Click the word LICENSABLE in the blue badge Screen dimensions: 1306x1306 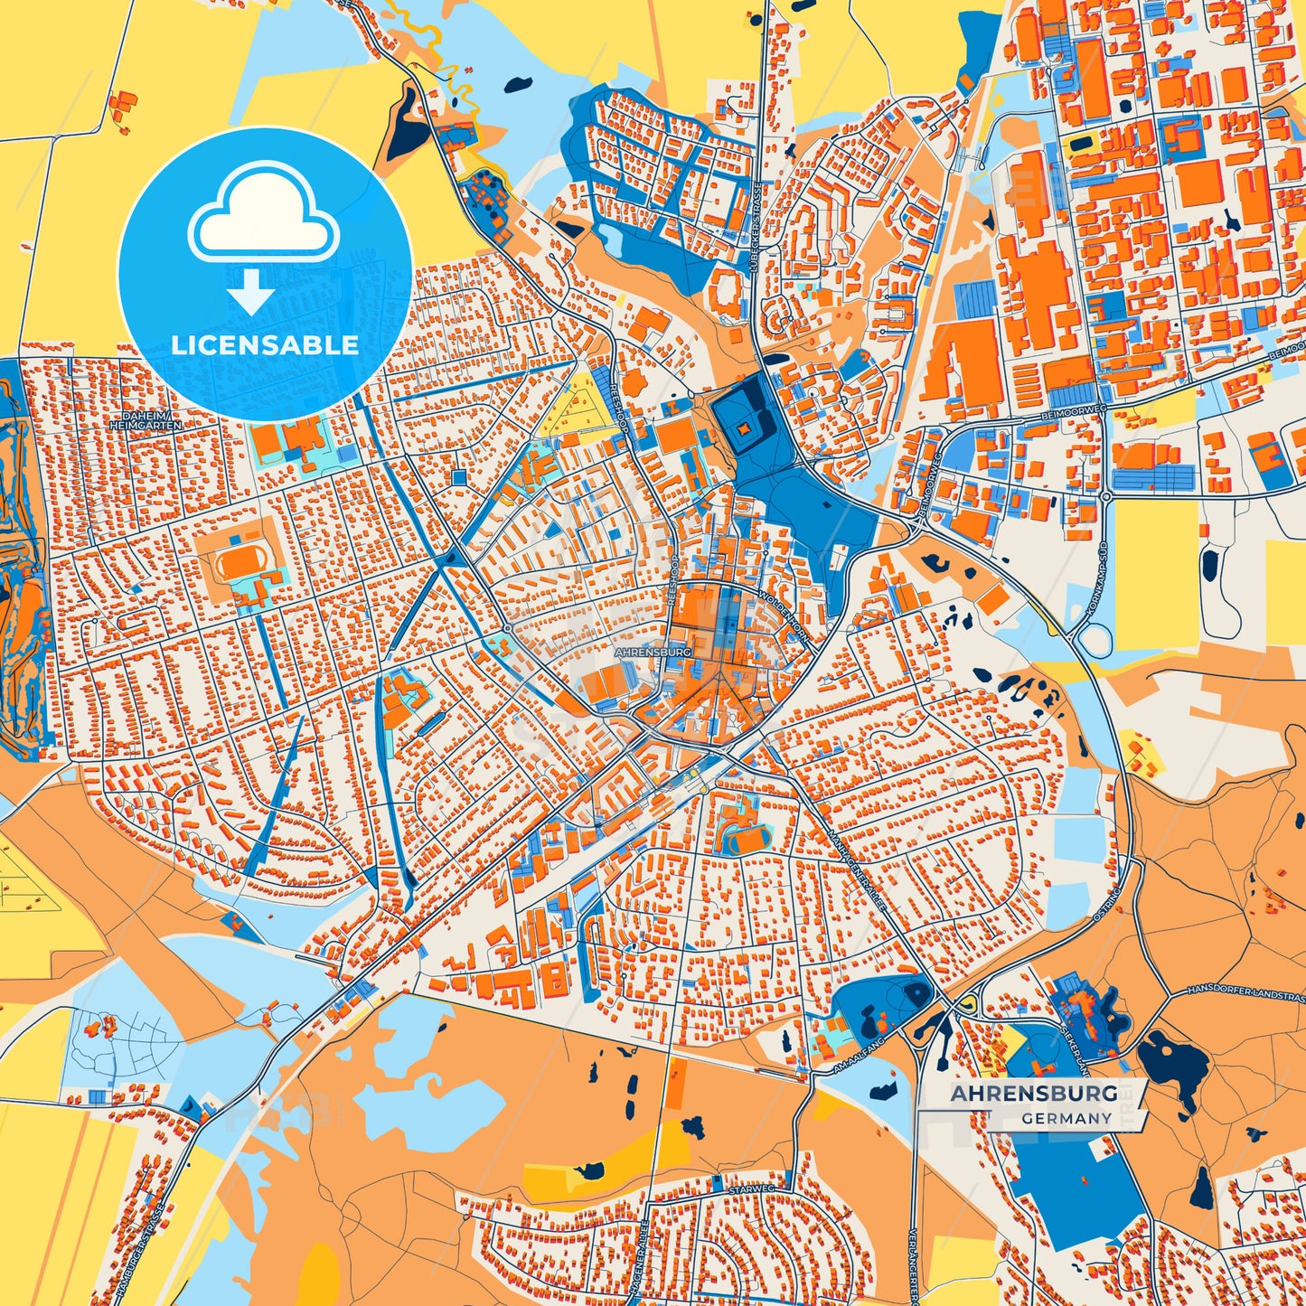pyautogui.click(x=265, y=345)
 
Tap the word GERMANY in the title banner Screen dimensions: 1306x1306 pyautogui.click(x=1066, y=1118)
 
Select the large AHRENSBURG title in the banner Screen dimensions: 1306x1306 pyautogui.click(x=1033, y=1094)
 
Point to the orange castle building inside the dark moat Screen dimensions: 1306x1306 pyautogui.click(x=743, y=428)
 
